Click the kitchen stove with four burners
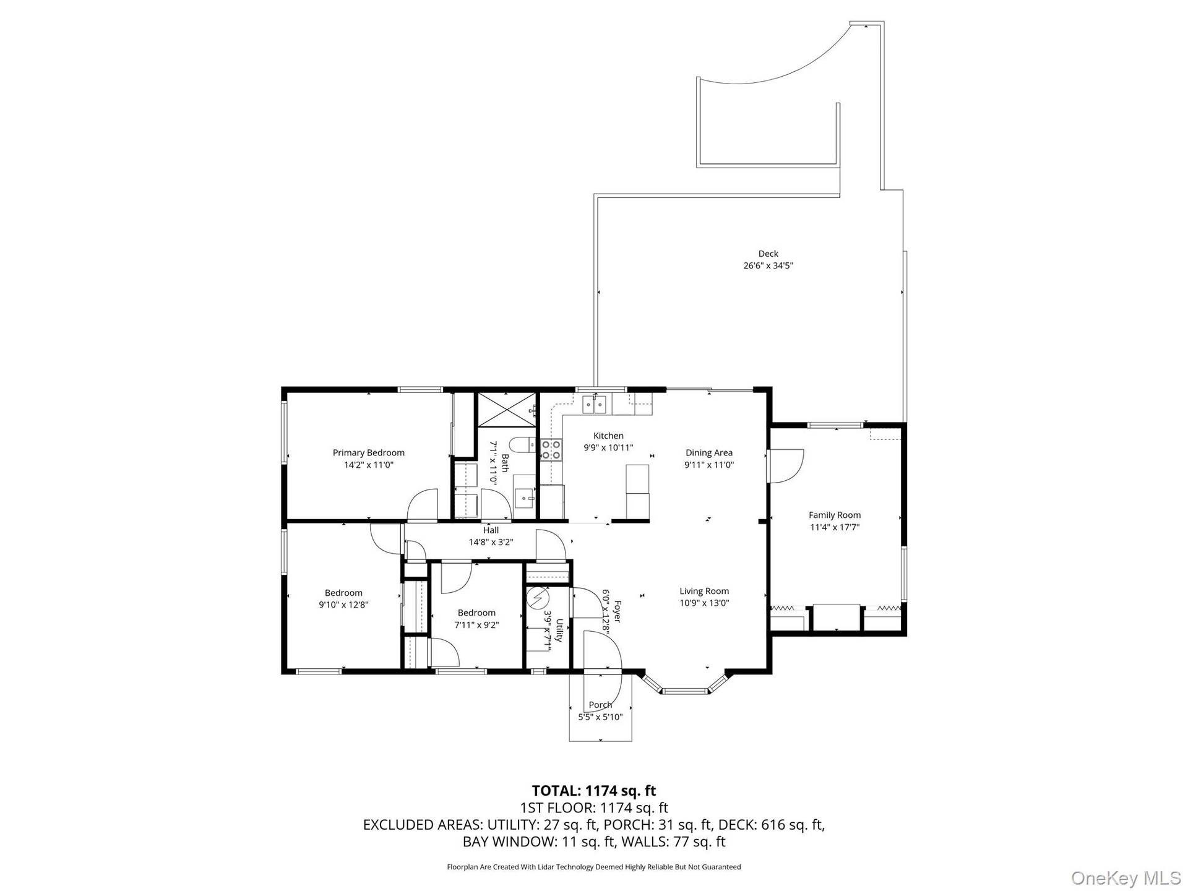[551, 450]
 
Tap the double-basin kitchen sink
[595, 405]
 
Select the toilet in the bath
[523, 444]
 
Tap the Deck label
[768, 254]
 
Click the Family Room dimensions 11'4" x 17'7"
[835, 528]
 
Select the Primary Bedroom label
[369, 453]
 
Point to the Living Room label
[704, 591]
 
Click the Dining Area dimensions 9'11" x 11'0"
[709, 465]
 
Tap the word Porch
[600, 705]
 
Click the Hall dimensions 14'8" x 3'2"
[491, 542]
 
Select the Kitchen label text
[608, 436]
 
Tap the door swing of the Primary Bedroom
[423, 504]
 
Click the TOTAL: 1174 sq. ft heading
[594, 791]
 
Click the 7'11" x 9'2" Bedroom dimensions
[476, 625]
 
